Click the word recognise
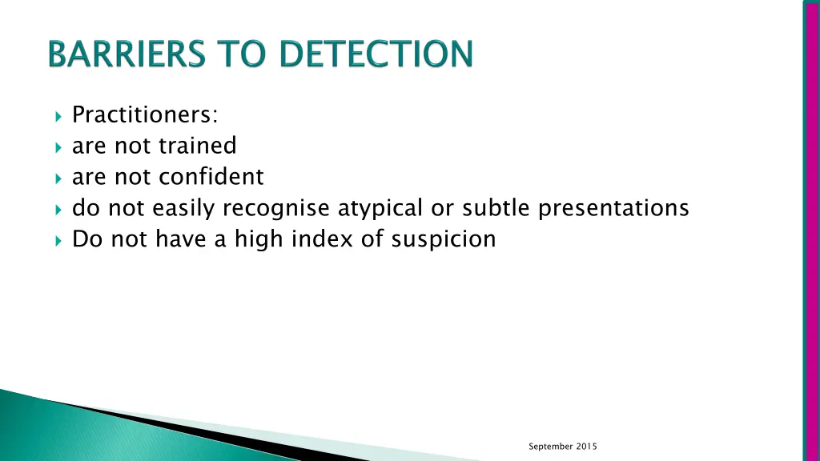coord(276,208)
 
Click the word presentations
coord(613,208)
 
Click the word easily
coord(181,208)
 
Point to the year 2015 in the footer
coord(587,447)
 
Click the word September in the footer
coord(551,447)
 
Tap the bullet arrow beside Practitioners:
coord(58,117)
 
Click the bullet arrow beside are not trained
coord(58,147)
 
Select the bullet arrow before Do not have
coord(58,239)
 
